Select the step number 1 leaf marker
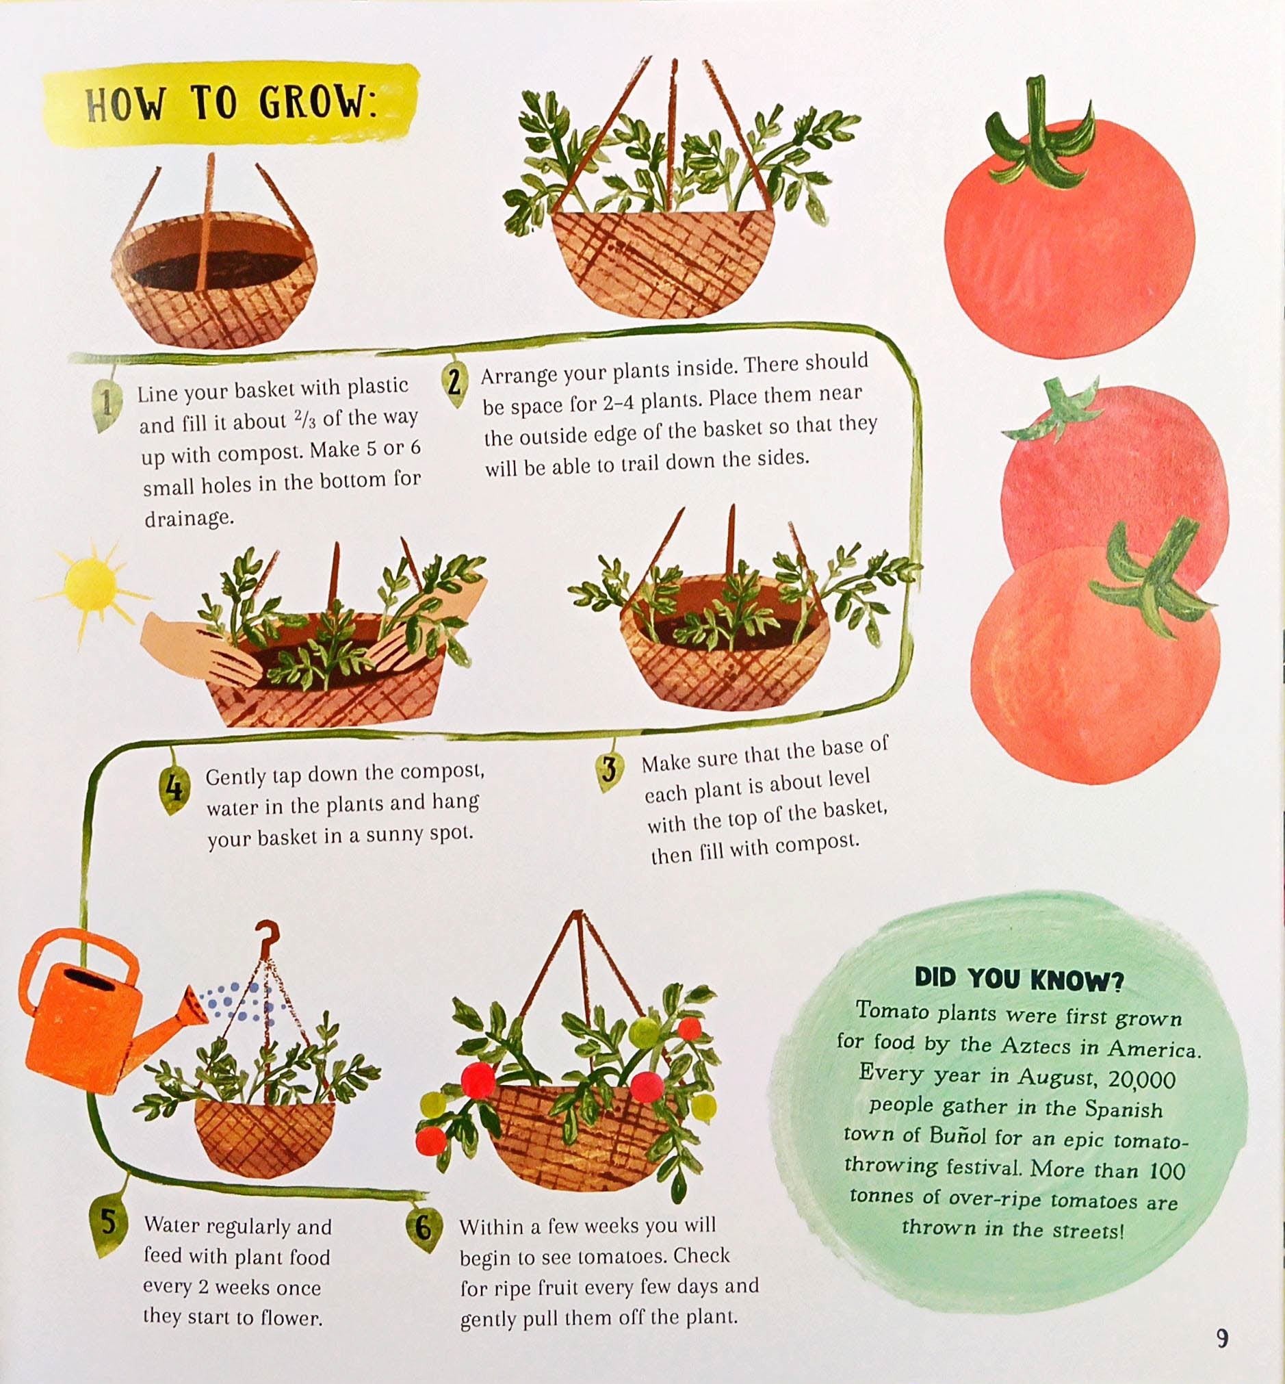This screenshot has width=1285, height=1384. click(x=105, y=405)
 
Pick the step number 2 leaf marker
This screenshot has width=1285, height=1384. click(x=454, y=383)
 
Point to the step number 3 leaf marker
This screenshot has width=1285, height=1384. click(x=608, y=769)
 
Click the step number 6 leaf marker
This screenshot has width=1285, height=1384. click(x=423, y=1228)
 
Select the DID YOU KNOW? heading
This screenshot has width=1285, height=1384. click(x=1019, y=979)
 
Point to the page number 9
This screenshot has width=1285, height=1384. click(x=1223, y=1337)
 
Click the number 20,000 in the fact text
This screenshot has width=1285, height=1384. click(x=1142, y=1079)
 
